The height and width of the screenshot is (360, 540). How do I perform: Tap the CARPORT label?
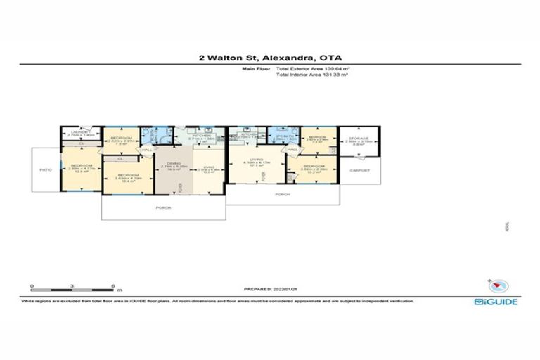(359, 169)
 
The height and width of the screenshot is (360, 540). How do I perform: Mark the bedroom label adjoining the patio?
(81, 167)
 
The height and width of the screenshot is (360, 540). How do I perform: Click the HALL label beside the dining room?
(147, 150)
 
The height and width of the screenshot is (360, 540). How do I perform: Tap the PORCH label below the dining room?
(162, 208)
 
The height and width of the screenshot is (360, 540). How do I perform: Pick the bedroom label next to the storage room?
(318, 138)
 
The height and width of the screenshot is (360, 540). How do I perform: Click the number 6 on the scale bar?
(113, 286)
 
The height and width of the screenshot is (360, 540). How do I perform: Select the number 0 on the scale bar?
(32, 286)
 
